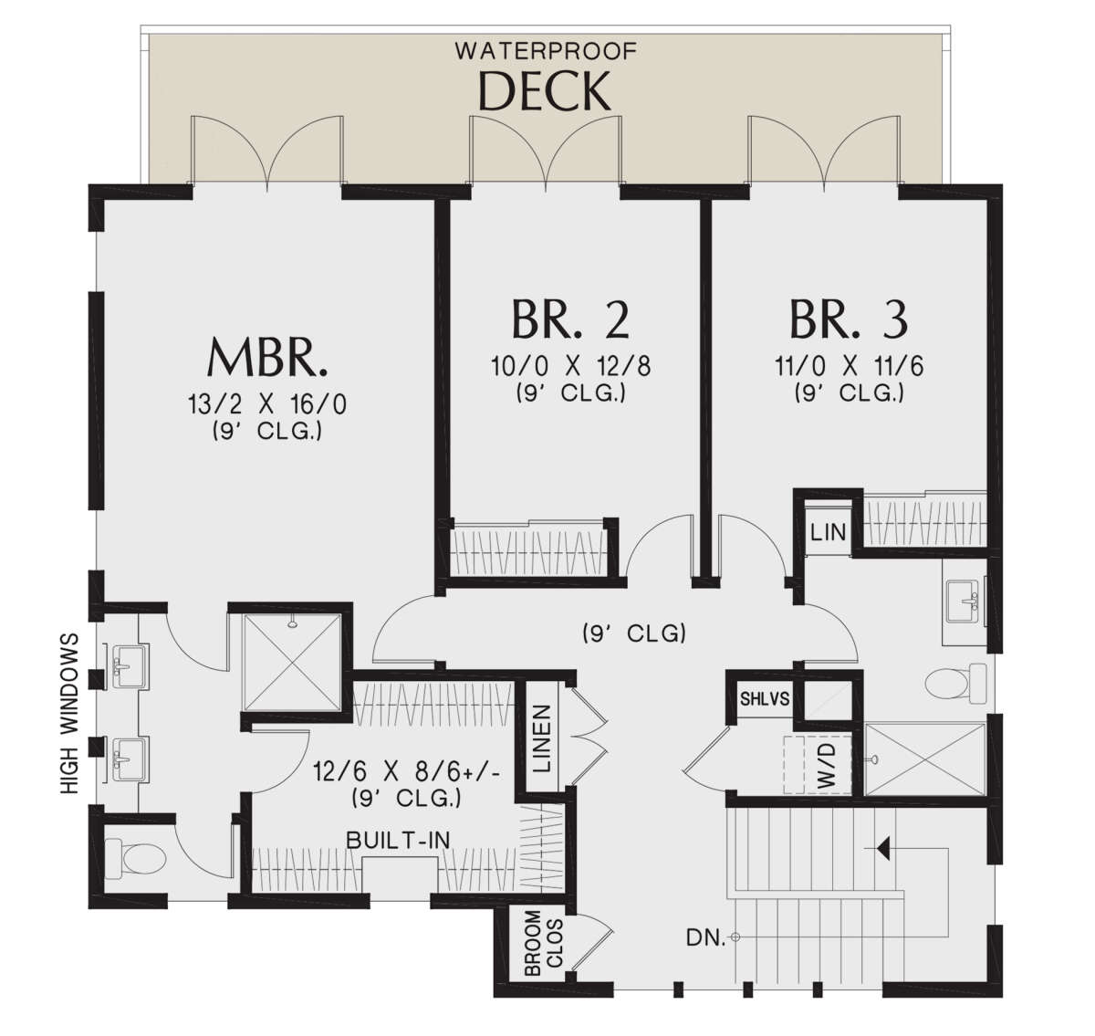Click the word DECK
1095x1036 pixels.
(544, 91)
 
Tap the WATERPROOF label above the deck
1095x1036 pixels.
(546, 51)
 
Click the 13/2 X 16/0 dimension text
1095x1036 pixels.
(267, 404)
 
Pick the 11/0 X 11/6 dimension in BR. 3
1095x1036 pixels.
(850, 366)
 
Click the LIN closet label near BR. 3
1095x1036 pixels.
(829, 533)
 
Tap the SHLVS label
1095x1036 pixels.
(765, 699)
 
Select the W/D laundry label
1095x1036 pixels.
(828, 765)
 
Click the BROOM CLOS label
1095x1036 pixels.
(544, 942)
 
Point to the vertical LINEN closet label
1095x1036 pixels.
(541, 739)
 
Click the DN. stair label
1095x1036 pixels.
(705, 938)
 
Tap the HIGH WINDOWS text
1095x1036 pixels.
(69, 713)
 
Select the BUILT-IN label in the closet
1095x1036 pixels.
(398, 840)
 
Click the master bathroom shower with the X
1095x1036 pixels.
(292, 663)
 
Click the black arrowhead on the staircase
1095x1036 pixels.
(882, 849)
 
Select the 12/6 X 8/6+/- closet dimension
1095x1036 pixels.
(407, 772)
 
